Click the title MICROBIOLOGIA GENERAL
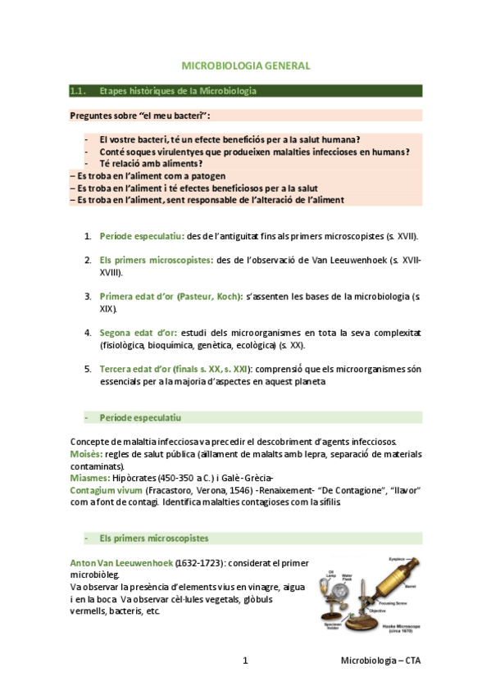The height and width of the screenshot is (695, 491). pyautogui.click(x=245, y=66)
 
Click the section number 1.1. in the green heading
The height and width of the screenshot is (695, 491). pyautogui.click(x=80, y=90)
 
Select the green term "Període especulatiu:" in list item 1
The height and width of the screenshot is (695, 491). pyautogui.click(x=142, y=237)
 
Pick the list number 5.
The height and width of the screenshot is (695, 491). pyautogui.click(x=89, y=370)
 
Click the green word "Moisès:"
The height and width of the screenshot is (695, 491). pyautogui.click(x=86, y=454)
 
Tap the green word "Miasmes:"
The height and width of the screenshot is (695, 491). pyautogui.click(x=89, y=478)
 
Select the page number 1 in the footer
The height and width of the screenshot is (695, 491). pyautogui.click(x=245, y=660)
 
